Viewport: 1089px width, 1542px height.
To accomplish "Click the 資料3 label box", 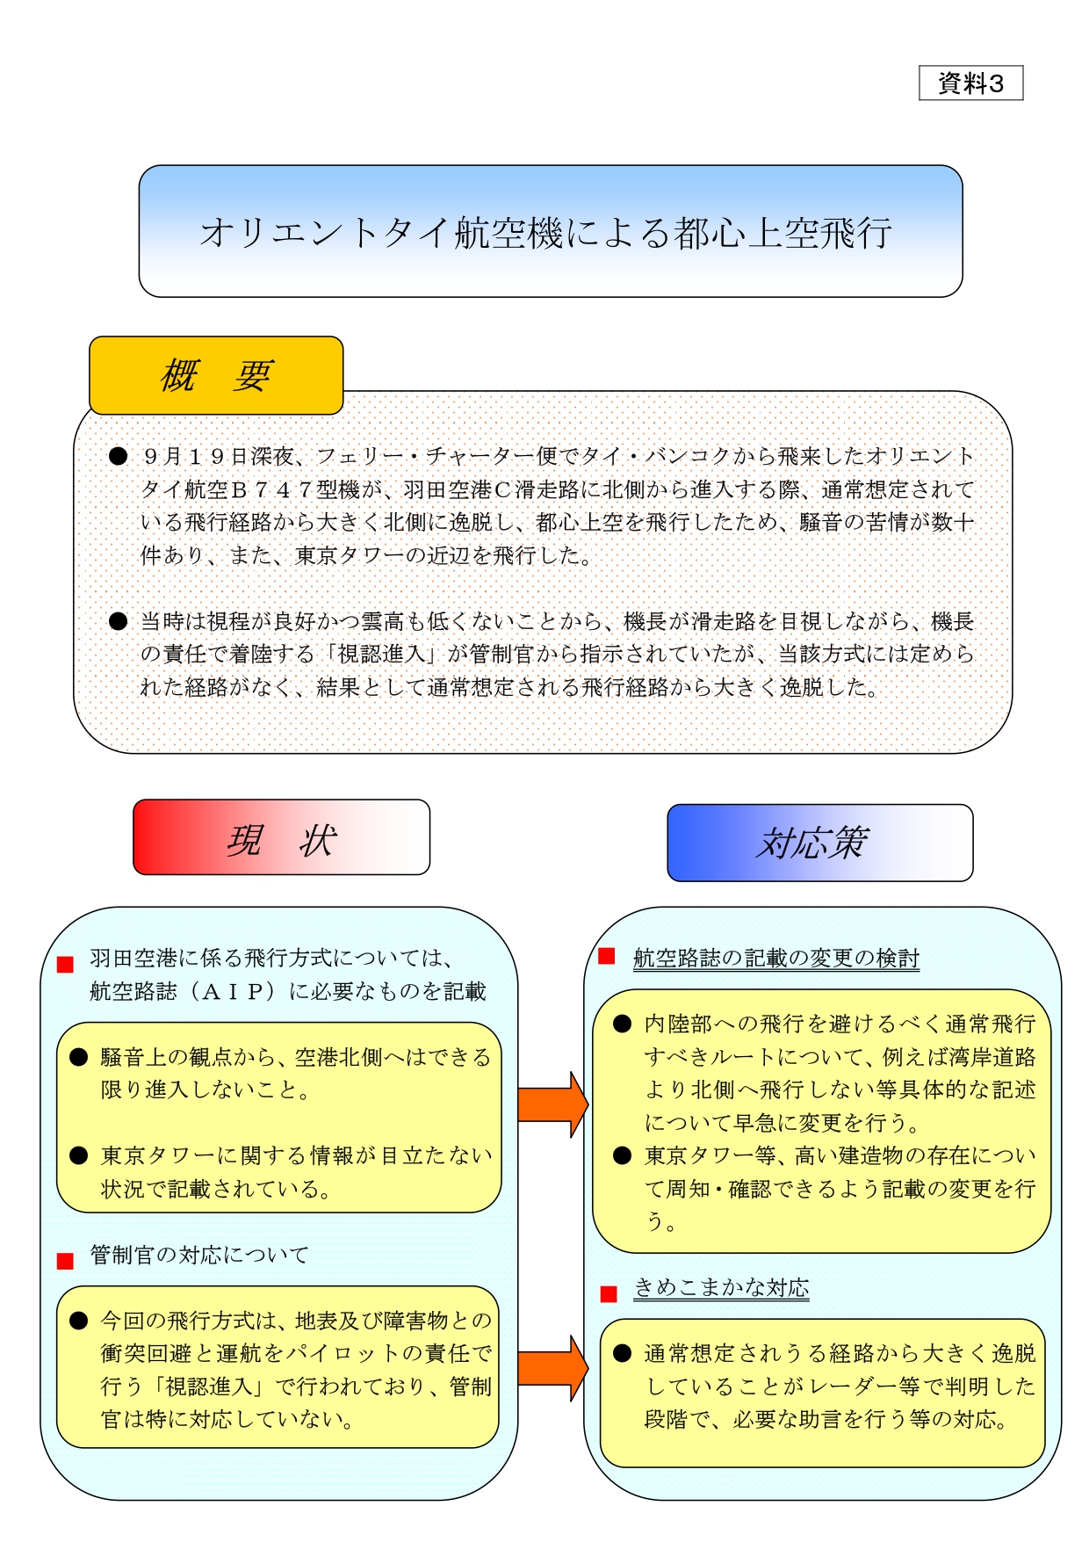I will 970,83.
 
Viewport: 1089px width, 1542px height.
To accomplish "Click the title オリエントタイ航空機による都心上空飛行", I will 546,234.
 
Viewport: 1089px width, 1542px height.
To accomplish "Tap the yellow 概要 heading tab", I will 216,376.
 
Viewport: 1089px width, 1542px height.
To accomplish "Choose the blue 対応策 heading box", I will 819,843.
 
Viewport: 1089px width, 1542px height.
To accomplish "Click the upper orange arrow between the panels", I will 552,1104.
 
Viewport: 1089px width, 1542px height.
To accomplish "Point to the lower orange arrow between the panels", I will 552,1368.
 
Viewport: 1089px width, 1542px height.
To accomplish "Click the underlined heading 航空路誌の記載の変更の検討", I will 775,959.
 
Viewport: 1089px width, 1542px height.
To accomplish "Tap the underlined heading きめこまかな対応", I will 721,1288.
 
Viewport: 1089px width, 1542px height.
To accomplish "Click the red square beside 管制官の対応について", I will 65,1261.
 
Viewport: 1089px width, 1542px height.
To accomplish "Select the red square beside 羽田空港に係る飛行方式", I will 65,965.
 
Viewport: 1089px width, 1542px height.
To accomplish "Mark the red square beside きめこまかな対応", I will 609,1294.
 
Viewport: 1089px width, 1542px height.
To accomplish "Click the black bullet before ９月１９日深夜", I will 118,456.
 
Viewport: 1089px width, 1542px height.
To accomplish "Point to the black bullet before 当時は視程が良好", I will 118,621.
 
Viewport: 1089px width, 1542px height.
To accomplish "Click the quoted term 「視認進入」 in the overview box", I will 386,655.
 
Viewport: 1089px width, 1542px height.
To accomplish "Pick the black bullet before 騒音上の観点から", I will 79,1057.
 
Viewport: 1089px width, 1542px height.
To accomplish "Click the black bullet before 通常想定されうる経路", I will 623,1353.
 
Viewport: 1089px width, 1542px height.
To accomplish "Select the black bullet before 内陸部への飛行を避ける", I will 623,1024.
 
